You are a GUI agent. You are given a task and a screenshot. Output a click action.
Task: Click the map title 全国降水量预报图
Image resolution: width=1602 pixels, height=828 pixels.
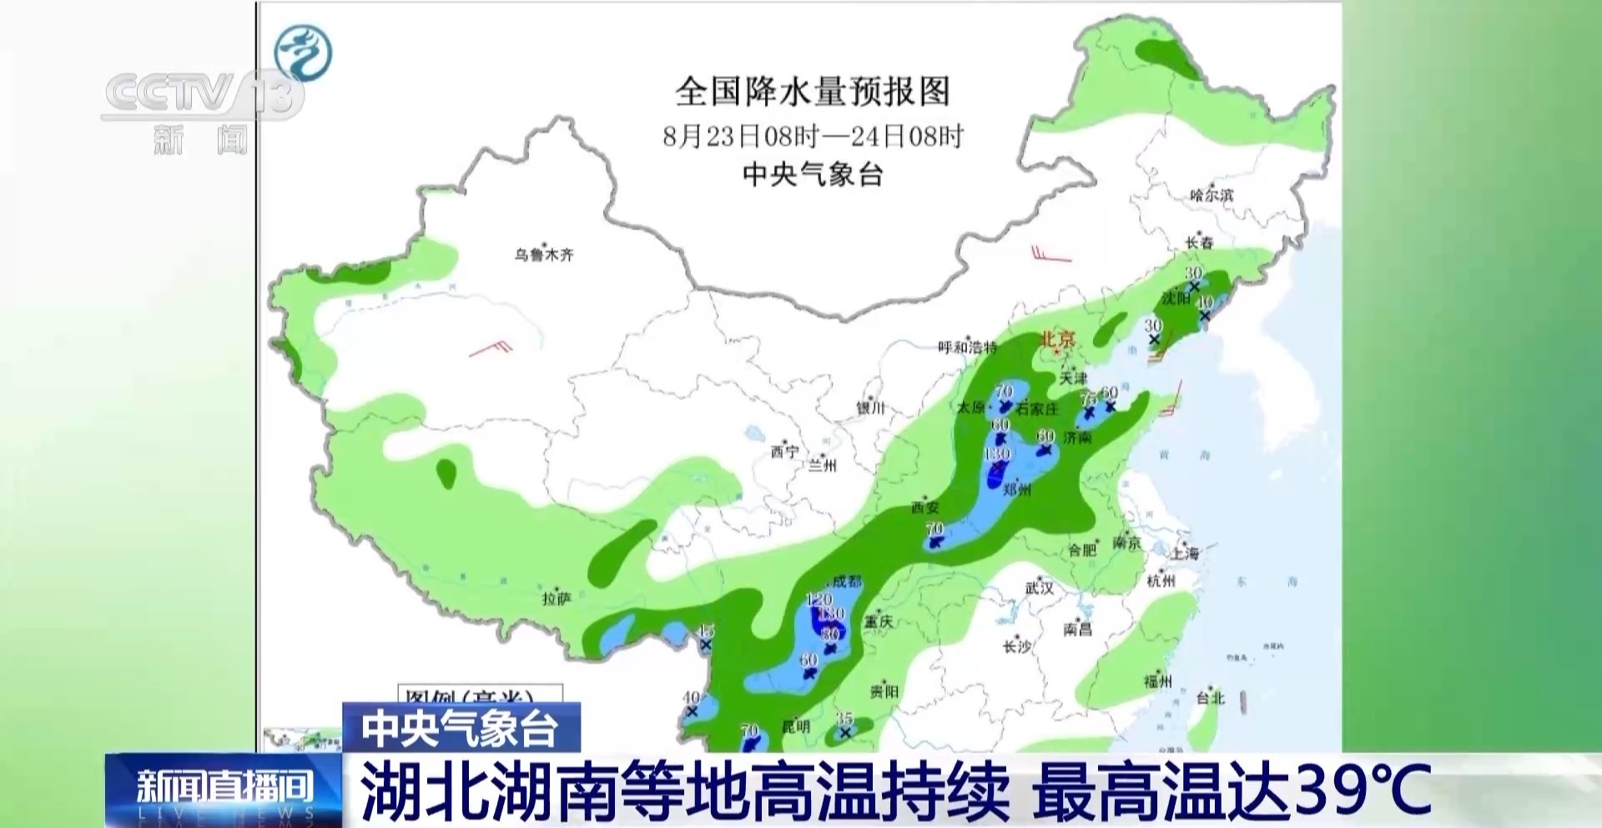point(813,91)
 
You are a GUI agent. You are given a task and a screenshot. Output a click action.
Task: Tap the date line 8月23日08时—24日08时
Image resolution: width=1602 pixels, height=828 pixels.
point(813,136)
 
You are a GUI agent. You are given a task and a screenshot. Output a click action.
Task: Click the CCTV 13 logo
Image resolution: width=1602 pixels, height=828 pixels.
point(200,96)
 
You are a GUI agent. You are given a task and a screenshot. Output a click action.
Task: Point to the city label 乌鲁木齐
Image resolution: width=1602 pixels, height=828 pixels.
point(544,255)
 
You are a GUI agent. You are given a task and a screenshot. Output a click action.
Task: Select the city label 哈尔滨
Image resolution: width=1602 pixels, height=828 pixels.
point(1212,195)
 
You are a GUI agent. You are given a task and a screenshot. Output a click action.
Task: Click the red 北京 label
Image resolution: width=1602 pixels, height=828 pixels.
point(1057,340)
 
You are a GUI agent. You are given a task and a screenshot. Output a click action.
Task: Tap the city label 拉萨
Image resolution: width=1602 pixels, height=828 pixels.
point(556,598)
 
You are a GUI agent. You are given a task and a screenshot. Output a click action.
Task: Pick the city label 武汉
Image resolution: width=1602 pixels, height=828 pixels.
point(1040,588)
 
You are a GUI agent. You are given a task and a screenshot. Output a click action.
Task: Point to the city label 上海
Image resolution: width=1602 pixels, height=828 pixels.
point(1185,553)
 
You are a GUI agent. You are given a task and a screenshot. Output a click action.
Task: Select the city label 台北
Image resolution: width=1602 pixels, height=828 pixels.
point(1210,698)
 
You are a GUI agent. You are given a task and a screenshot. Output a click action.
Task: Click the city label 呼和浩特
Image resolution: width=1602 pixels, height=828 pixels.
point(967,347)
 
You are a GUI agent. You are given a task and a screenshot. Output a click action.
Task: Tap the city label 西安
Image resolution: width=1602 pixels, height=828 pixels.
point(925,507)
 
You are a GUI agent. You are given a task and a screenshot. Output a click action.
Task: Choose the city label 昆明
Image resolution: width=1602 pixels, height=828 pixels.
point(795,726)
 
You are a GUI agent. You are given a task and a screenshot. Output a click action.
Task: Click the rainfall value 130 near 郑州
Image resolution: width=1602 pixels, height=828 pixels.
point(997,455)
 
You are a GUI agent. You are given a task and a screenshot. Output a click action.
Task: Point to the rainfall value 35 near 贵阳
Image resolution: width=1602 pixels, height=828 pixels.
point(844,719)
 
